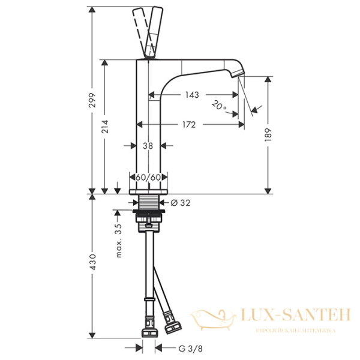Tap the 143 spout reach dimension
pos(192,95)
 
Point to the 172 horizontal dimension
pos(189,125)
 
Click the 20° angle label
pos(220,106)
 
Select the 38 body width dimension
pos(148,145)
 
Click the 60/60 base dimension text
pos(148,178)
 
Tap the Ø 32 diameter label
pos(181,203)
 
